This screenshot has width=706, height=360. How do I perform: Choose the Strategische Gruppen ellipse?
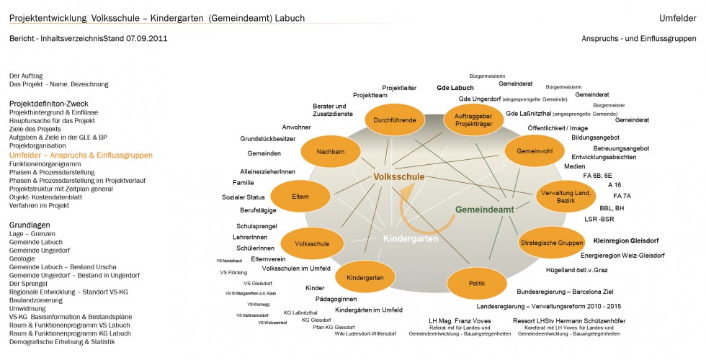552,243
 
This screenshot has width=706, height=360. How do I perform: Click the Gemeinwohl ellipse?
535,152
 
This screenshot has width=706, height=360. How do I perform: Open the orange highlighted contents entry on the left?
81,155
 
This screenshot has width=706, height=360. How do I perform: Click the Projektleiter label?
399,88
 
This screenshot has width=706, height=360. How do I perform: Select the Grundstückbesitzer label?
267,138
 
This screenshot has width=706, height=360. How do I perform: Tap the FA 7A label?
622,196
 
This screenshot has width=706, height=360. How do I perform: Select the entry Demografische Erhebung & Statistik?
62,342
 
